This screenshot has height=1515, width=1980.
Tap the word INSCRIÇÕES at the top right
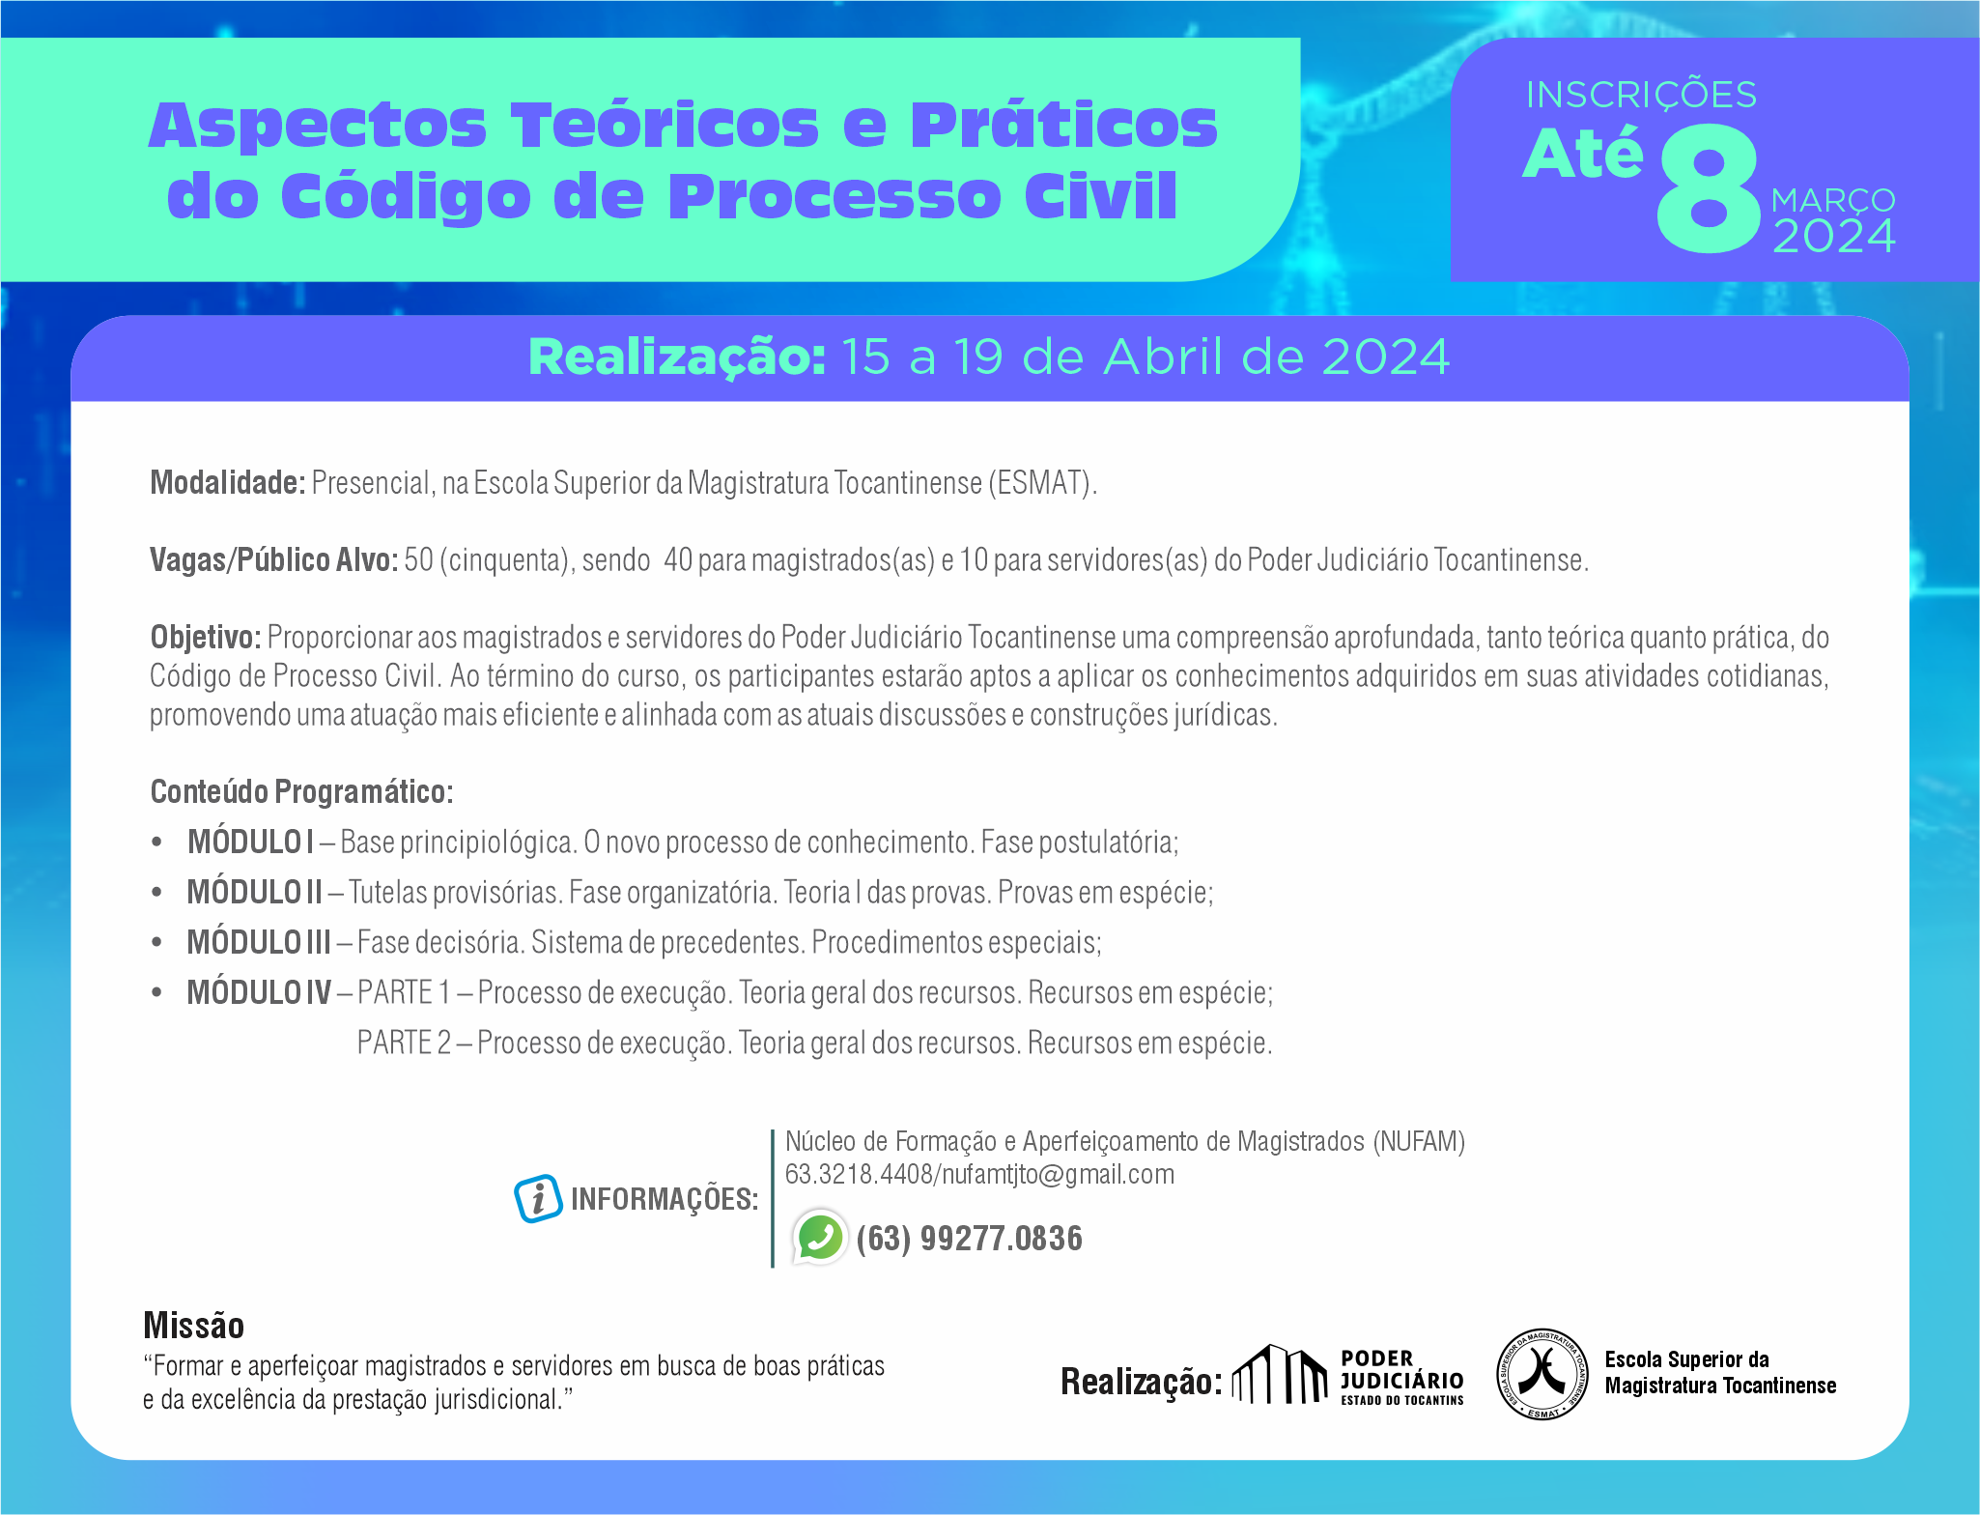coord(1641,95)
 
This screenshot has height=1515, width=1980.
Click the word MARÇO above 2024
coord(1833,200)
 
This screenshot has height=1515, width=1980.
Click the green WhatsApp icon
coord(819,1237)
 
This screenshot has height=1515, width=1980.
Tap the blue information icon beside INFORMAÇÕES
coord(538,1199)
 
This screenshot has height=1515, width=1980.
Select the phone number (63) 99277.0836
coord(969,1238)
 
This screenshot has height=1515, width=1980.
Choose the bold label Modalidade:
coord(228,482)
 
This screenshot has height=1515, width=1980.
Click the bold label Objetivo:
coord(206,638)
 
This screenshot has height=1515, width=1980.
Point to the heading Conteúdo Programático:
coord(301,792)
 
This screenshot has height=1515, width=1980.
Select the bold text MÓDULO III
coord(259,942)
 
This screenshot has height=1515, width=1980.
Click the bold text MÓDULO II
coord(254,892)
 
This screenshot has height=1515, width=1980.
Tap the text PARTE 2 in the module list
coord(404,1043)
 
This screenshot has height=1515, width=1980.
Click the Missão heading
coord(193,1326)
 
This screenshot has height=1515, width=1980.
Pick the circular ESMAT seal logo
coord(1542,1374)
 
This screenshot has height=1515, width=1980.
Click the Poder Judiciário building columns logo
coord(1280,1374)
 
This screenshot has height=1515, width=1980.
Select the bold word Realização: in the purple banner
coord(677,357)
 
